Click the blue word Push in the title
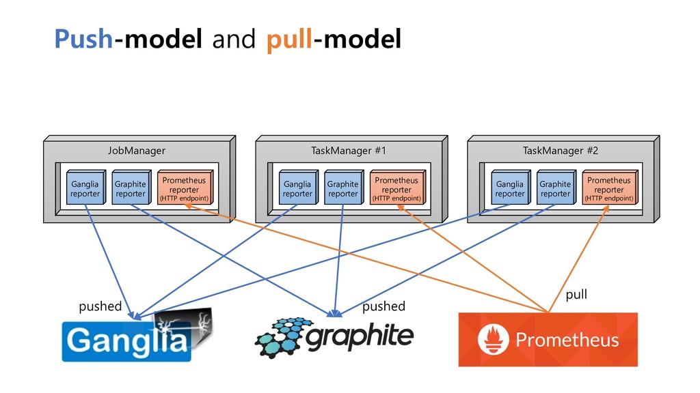point(83,39)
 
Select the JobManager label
point(137,151)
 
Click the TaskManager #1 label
point(349,151)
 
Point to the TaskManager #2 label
point(561,151)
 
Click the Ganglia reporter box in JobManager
point(85,188)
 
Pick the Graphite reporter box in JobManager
point(131,188)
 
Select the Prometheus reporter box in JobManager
point(185,188)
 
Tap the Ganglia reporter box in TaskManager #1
point(298,188)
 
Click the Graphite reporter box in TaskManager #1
point(344,188)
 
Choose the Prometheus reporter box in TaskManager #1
point(398,188)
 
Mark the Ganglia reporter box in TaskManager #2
point(511,188)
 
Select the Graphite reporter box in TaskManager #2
point(556,188)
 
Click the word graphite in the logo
point(360,336)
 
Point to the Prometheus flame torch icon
point(493,340)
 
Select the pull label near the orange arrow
point(576,295)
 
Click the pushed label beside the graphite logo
point(384,306)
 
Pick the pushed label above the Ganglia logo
point(100,306)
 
